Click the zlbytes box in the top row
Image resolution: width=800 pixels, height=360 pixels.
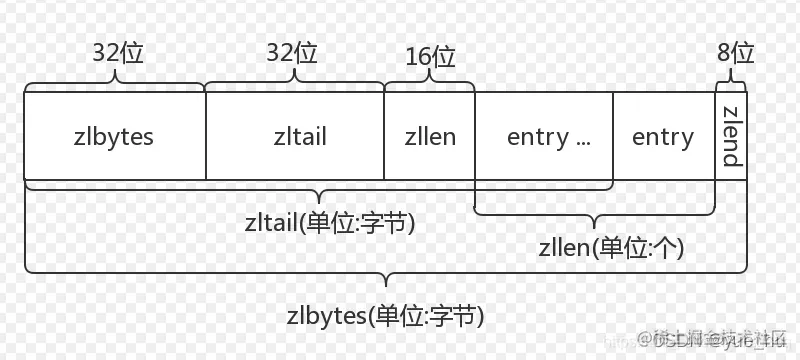point(114,136)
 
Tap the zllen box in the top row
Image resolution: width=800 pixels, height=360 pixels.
point(430,136)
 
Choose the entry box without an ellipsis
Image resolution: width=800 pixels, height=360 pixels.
point(663,136)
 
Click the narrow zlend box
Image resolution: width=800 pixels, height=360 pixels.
point(731,136)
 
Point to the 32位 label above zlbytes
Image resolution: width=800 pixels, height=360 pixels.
point(118,52)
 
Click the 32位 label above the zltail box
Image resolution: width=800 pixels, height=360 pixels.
point(293,52)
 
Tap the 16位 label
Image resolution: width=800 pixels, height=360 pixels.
point(431,56)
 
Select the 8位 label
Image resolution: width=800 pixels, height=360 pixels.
point(735,52)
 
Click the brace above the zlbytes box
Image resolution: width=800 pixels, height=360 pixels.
point(115,84)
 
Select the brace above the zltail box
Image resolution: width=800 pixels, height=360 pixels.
point(295,84)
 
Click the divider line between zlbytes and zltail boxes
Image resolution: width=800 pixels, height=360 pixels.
point(205,136)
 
